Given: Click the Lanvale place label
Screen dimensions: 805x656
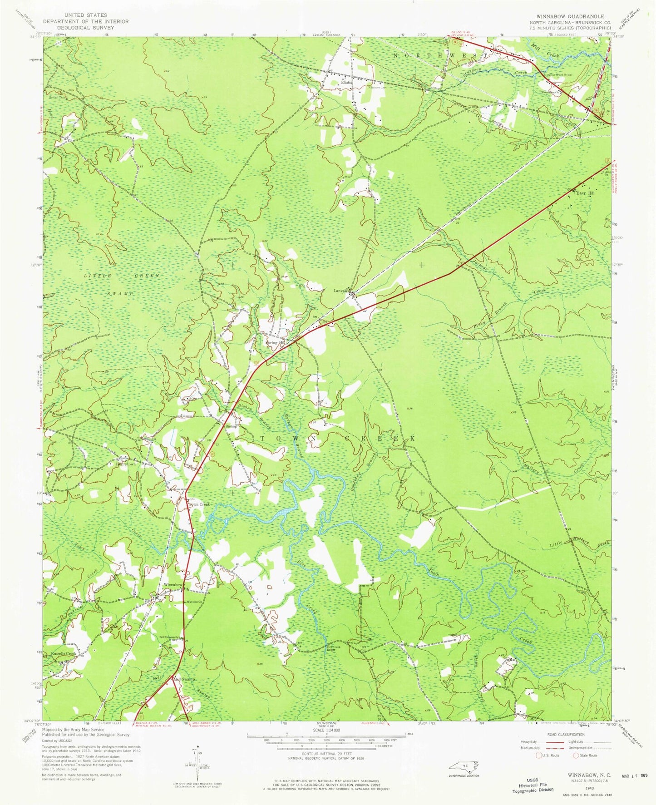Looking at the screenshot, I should pyautogui.click(x=341, y=291).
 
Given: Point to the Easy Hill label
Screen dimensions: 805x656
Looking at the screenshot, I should pyautogui.click(x=585, y=193).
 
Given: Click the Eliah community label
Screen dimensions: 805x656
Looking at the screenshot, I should pyautogui.click(x=346, y=82).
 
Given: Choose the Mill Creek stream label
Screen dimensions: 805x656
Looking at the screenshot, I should pyautogui.click(x=545, y=48).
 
